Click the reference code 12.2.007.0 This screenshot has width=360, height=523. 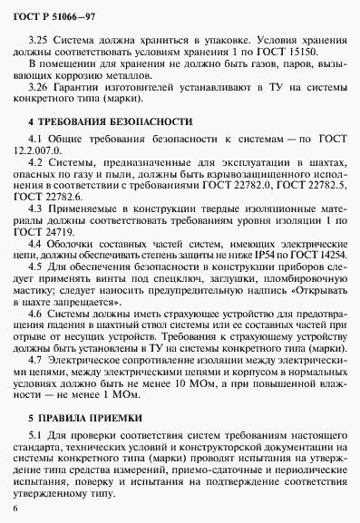pyautogui.click(x=45, y=150)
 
